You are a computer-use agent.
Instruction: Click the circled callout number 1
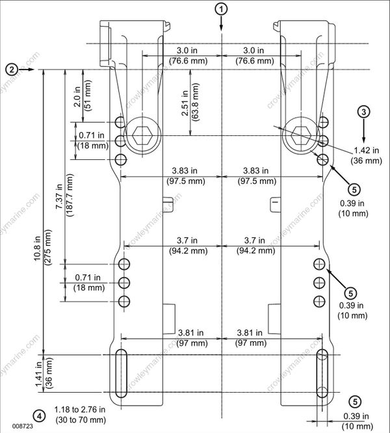click(x=222, y=9)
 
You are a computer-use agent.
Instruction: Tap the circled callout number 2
click(x=11, y=68)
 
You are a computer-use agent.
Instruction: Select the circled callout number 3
click(x=364, y=111)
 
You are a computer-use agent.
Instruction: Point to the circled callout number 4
click(x=40, y=415)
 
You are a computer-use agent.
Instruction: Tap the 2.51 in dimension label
click(x=185, y=103)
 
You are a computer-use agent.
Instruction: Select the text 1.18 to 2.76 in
click(x=79, y=410)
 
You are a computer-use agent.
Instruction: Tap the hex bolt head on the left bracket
click(x=142, y=136)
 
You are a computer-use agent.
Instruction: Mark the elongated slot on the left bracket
click(x=121, y=374)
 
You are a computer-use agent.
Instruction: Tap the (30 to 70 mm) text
click(x=79, y=420)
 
